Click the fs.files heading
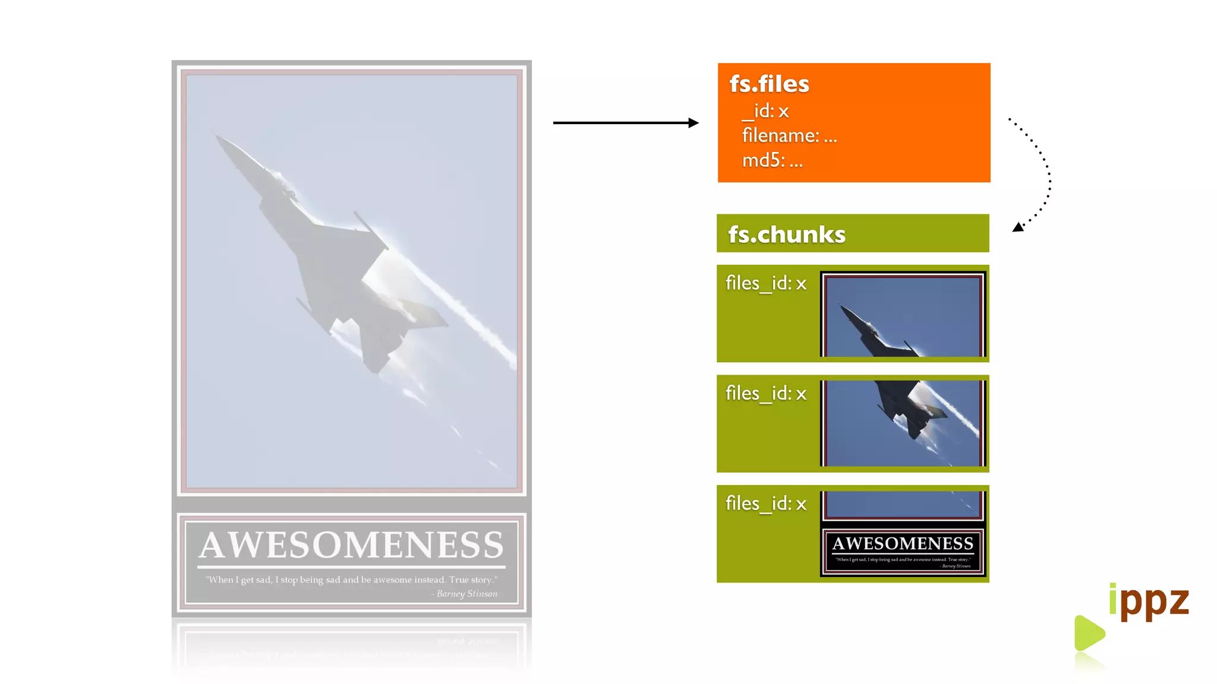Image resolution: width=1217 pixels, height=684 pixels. (x=769, y=84)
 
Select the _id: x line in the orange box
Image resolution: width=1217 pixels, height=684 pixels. (x=765, y=112)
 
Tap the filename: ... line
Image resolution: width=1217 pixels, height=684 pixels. (x=789, y=136)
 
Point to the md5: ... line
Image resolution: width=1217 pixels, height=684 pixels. (x=772, y=160)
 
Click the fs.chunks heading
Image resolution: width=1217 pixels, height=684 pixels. (x=787, y=235)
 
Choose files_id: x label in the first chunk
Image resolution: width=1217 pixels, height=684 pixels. (x=766, y=283)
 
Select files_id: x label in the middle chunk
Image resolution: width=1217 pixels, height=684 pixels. (x=766, y=393)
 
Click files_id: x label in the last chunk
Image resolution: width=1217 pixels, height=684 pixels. (x=766, y=503)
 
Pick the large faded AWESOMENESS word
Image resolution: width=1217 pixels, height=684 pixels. (x=351, y=545)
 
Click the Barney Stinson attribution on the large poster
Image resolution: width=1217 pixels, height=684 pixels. (x=465, y=594)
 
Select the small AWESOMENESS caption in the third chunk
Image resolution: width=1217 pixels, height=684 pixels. (x=903, y=543)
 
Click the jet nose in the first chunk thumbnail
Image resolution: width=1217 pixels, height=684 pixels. (x=840, y=305)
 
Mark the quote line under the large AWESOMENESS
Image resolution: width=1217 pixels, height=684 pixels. (x=351, y=579)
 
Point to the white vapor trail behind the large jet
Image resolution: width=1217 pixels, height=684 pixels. (x=469, y=315)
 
